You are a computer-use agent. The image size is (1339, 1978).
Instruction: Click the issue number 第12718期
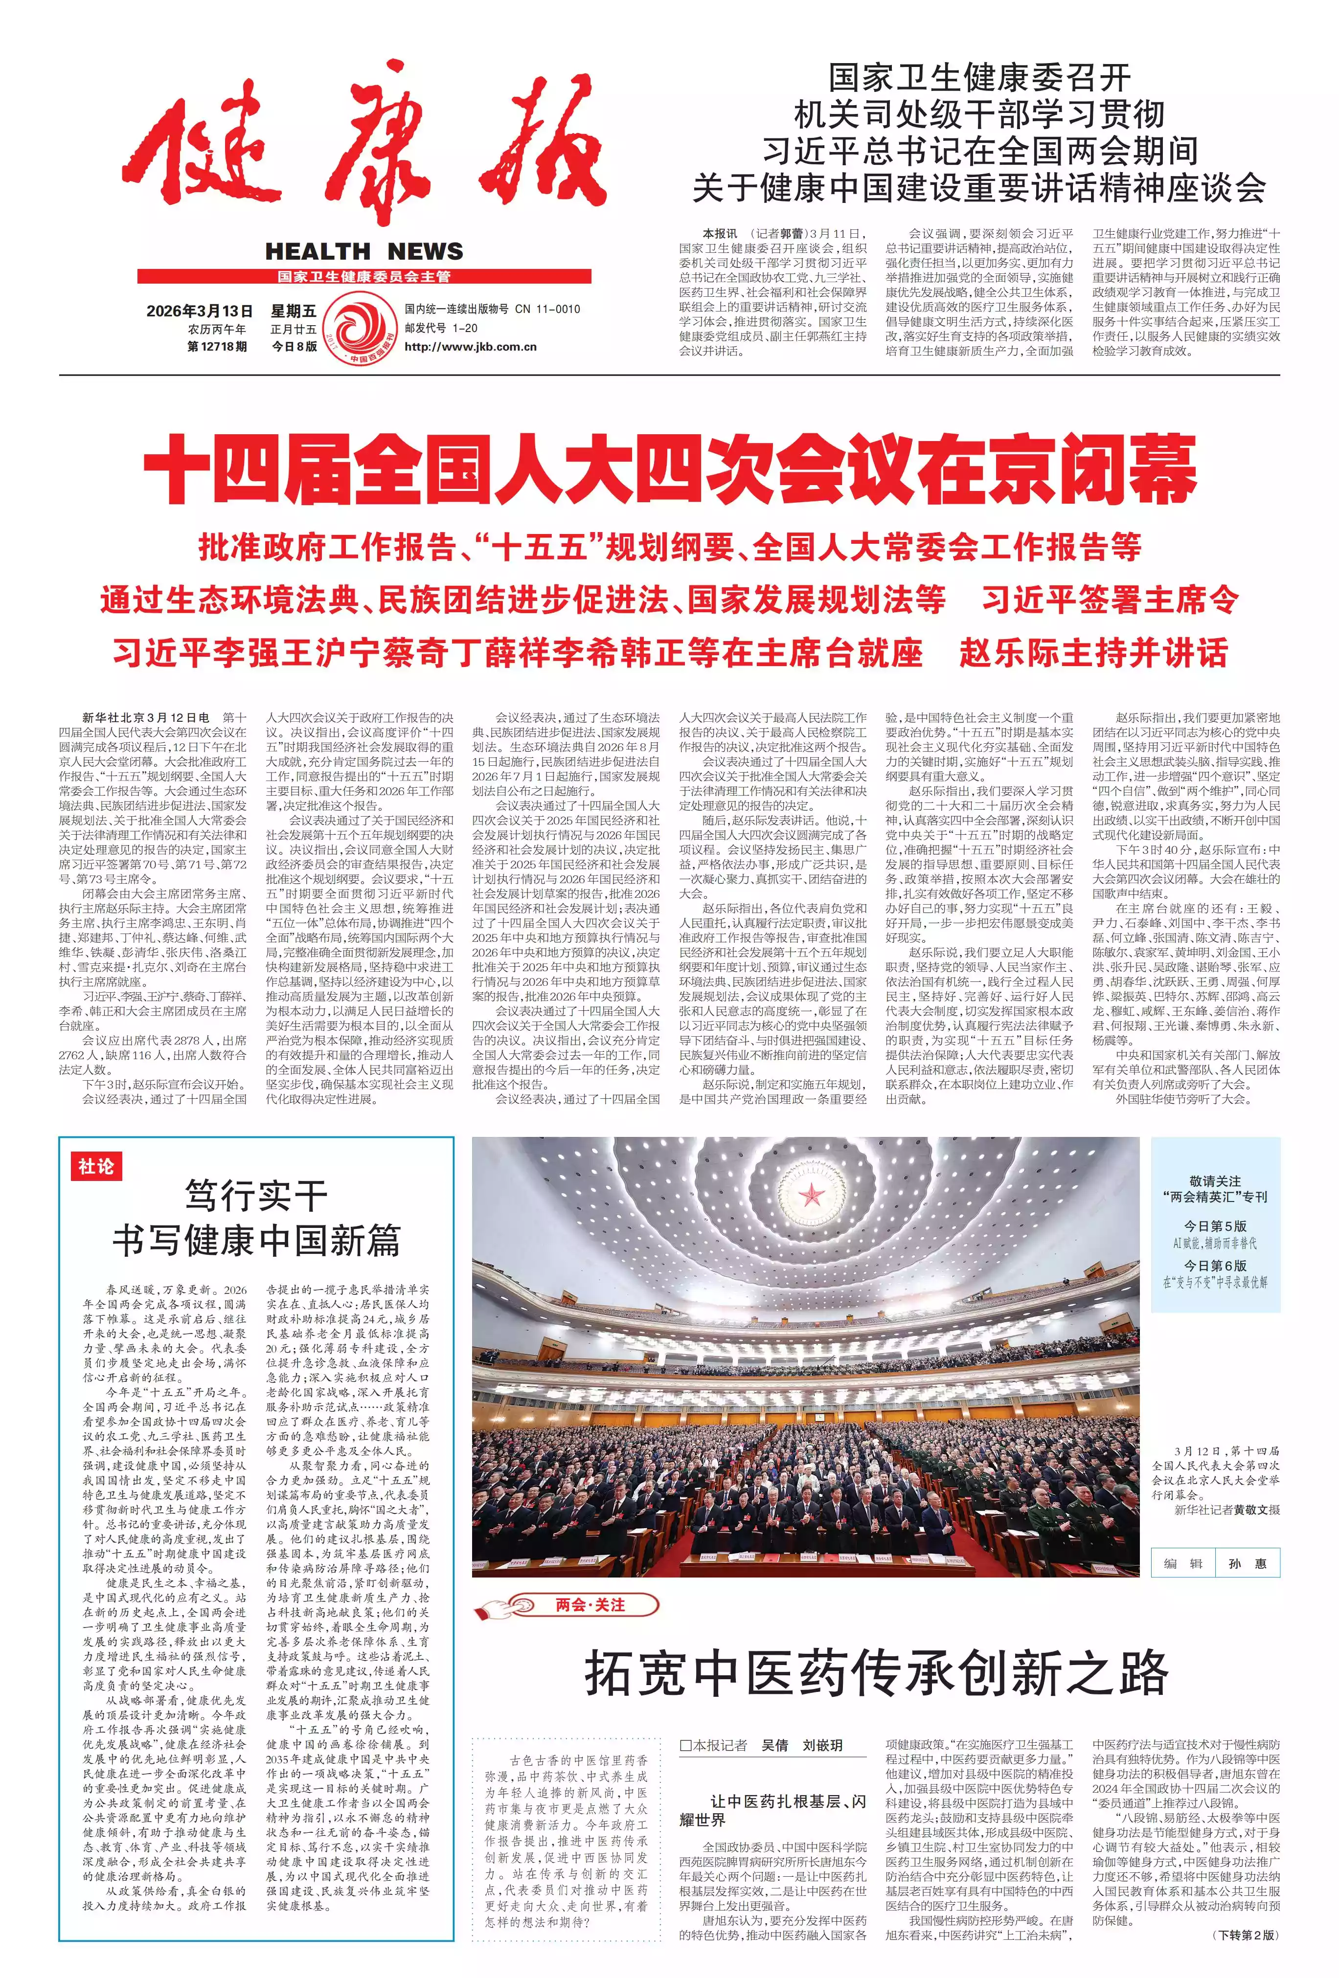tap(217, 346)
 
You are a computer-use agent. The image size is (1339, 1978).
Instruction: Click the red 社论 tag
tap(95, 1166)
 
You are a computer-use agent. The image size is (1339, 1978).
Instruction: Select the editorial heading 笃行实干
tap(256, 1196)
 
